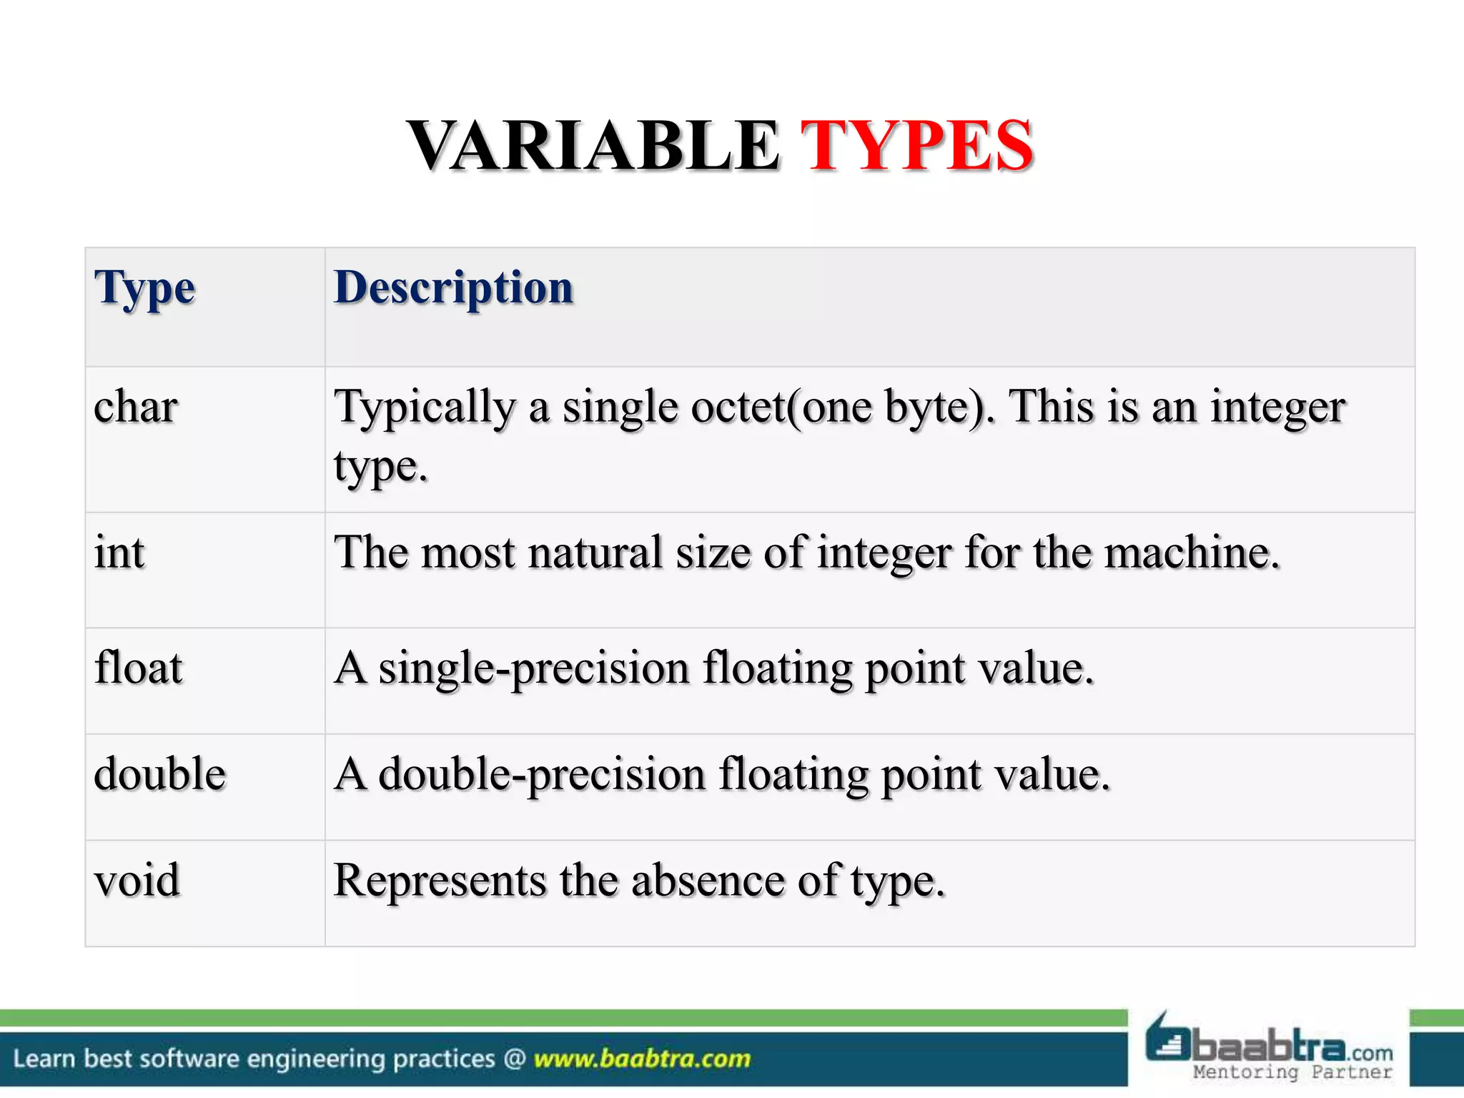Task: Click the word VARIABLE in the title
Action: click(593, 146)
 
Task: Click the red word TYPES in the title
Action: click(916, 146)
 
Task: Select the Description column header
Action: click(453, 287)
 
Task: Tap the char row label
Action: click(136, 407)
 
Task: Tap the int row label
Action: click(119, 553)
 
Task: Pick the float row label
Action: click(139, 668)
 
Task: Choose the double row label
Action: click(160, 774)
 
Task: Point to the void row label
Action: click(137, 880)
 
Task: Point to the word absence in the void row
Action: click(708, 880)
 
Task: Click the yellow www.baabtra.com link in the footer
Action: click(642, 1059)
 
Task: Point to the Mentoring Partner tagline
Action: click(1292, 1072)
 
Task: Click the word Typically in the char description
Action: click(425, 409)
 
